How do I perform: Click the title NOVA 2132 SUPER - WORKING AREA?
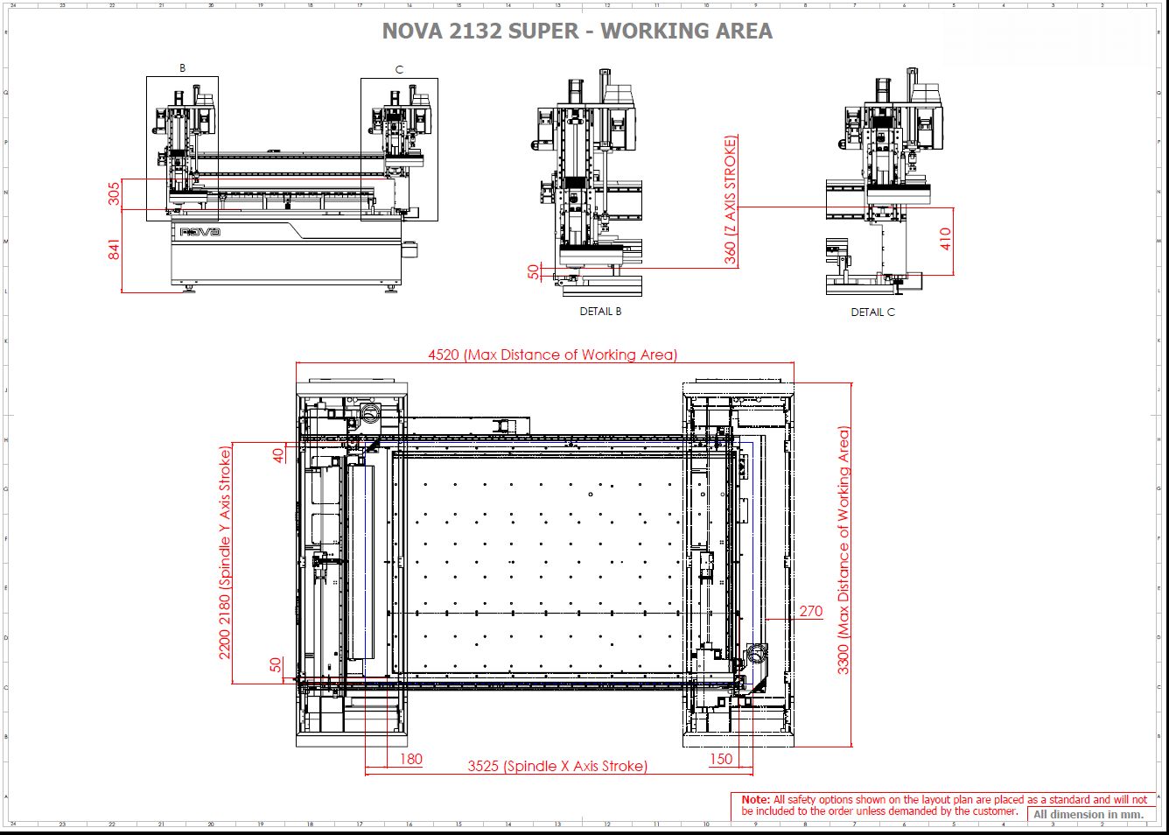(577, 31)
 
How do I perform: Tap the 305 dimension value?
(114, 193)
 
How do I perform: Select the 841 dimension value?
(114, 249)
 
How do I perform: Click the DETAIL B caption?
(600, 312)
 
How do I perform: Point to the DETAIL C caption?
(872, 312)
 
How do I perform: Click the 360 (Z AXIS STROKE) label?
(731, 200)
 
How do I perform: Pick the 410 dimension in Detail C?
(945, 239)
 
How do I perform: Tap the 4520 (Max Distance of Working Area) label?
(553, 354)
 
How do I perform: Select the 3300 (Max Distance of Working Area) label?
(843, 551)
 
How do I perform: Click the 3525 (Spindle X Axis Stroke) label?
(557, 766)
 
